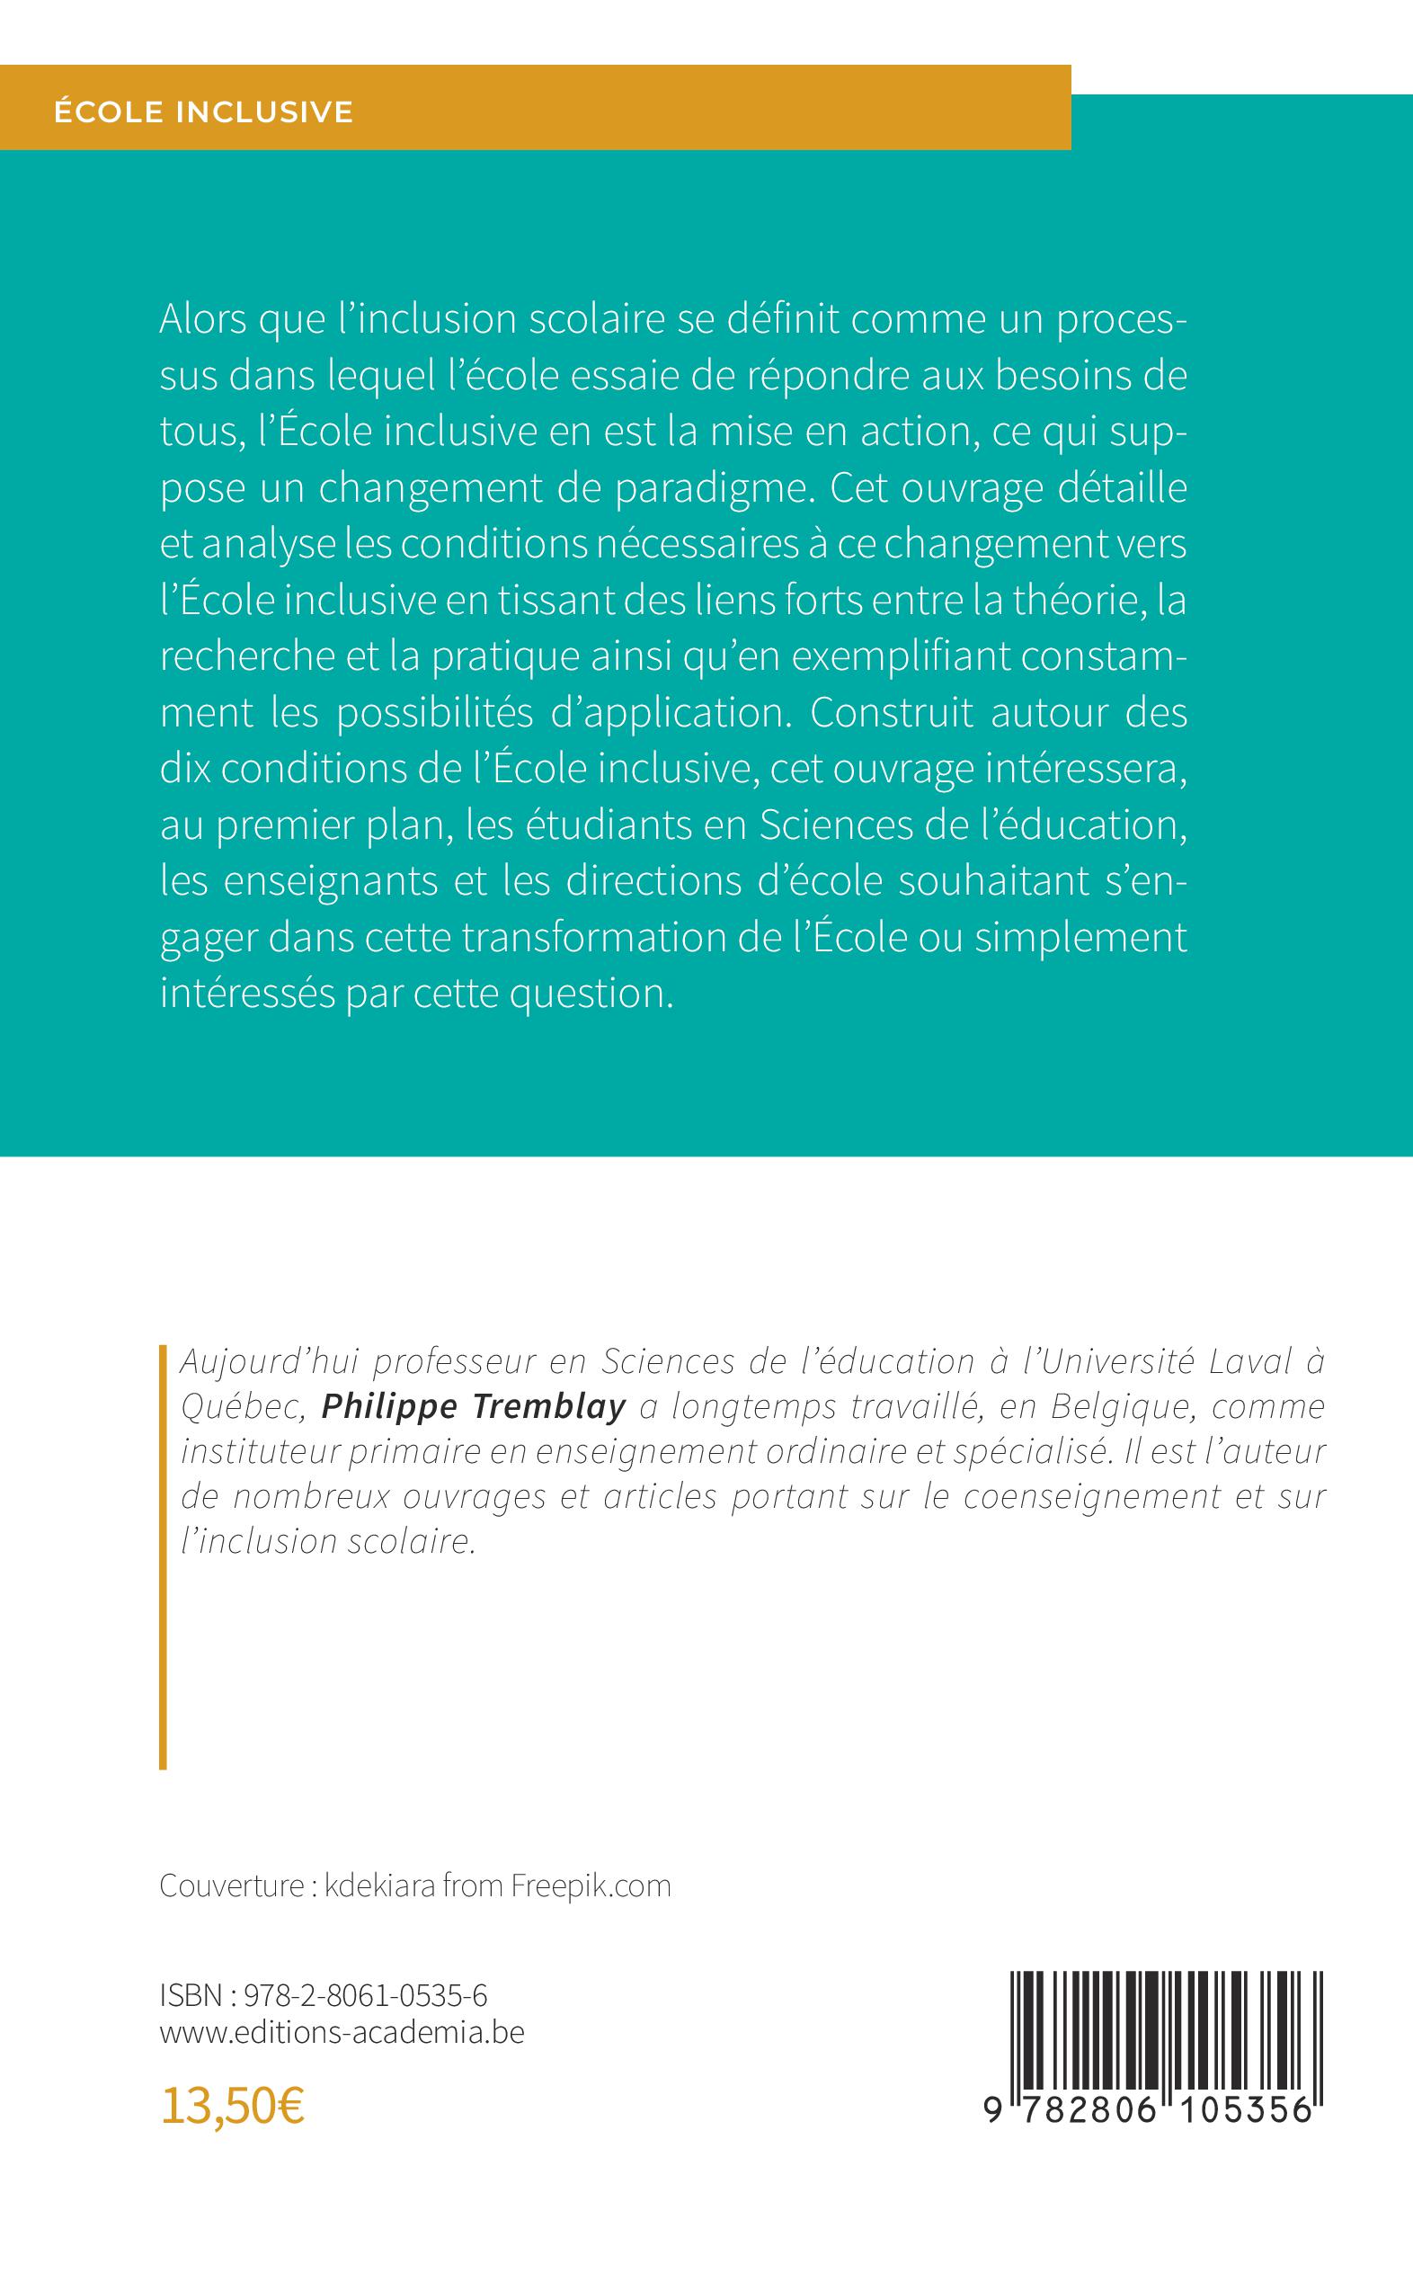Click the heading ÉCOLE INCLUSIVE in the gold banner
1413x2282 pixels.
tap(204, 112)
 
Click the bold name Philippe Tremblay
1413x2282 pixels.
tap(473, 1406)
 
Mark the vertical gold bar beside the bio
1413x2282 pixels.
tap(164, 1556)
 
